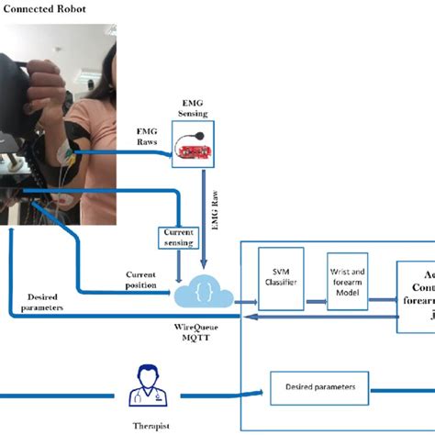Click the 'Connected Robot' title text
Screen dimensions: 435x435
46,10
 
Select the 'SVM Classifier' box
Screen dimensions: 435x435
280,277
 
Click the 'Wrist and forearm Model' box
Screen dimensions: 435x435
347,277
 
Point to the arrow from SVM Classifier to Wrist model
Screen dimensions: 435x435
315,278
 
